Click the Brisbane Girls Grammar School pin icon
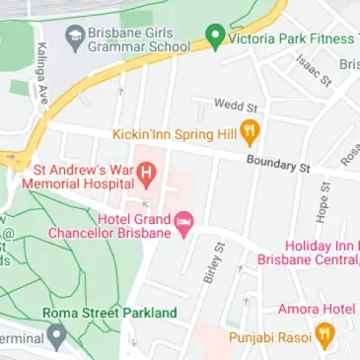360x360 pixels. pyautogui.click(x=72, y=37)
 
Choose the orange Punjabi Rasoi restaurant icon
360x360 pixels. pyautogui.click(x=323, y=336)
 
